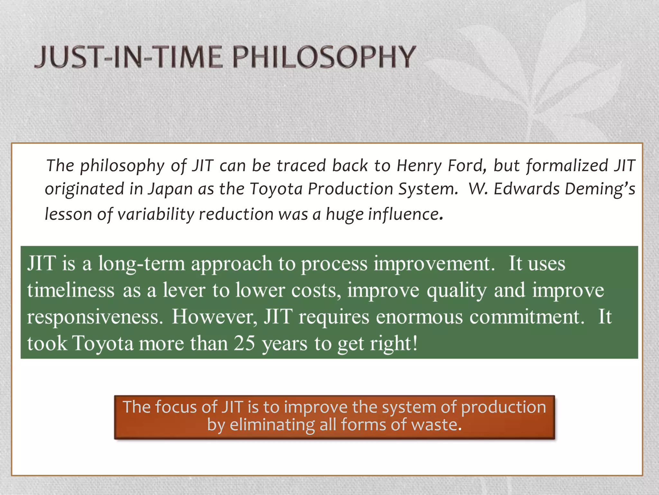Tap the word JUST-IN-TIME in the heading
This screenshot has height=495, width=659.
pyautogui.click(x=129, y=57)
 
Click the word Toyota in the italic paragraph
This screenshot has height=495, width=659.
pyautogui.click(x=276, y=189)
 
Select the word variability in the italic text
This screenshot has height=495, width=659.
pyautogui.click(x=156, y=214)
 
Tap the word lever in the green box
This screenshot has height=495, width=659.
pyautogui.click(x=184, y=290)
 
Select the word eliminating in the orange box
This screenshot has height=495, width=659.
pyautogui.click(x=272, y=424)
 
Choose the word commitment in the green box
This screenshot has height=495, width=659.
pyautogui.click(x=526, y=316)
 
